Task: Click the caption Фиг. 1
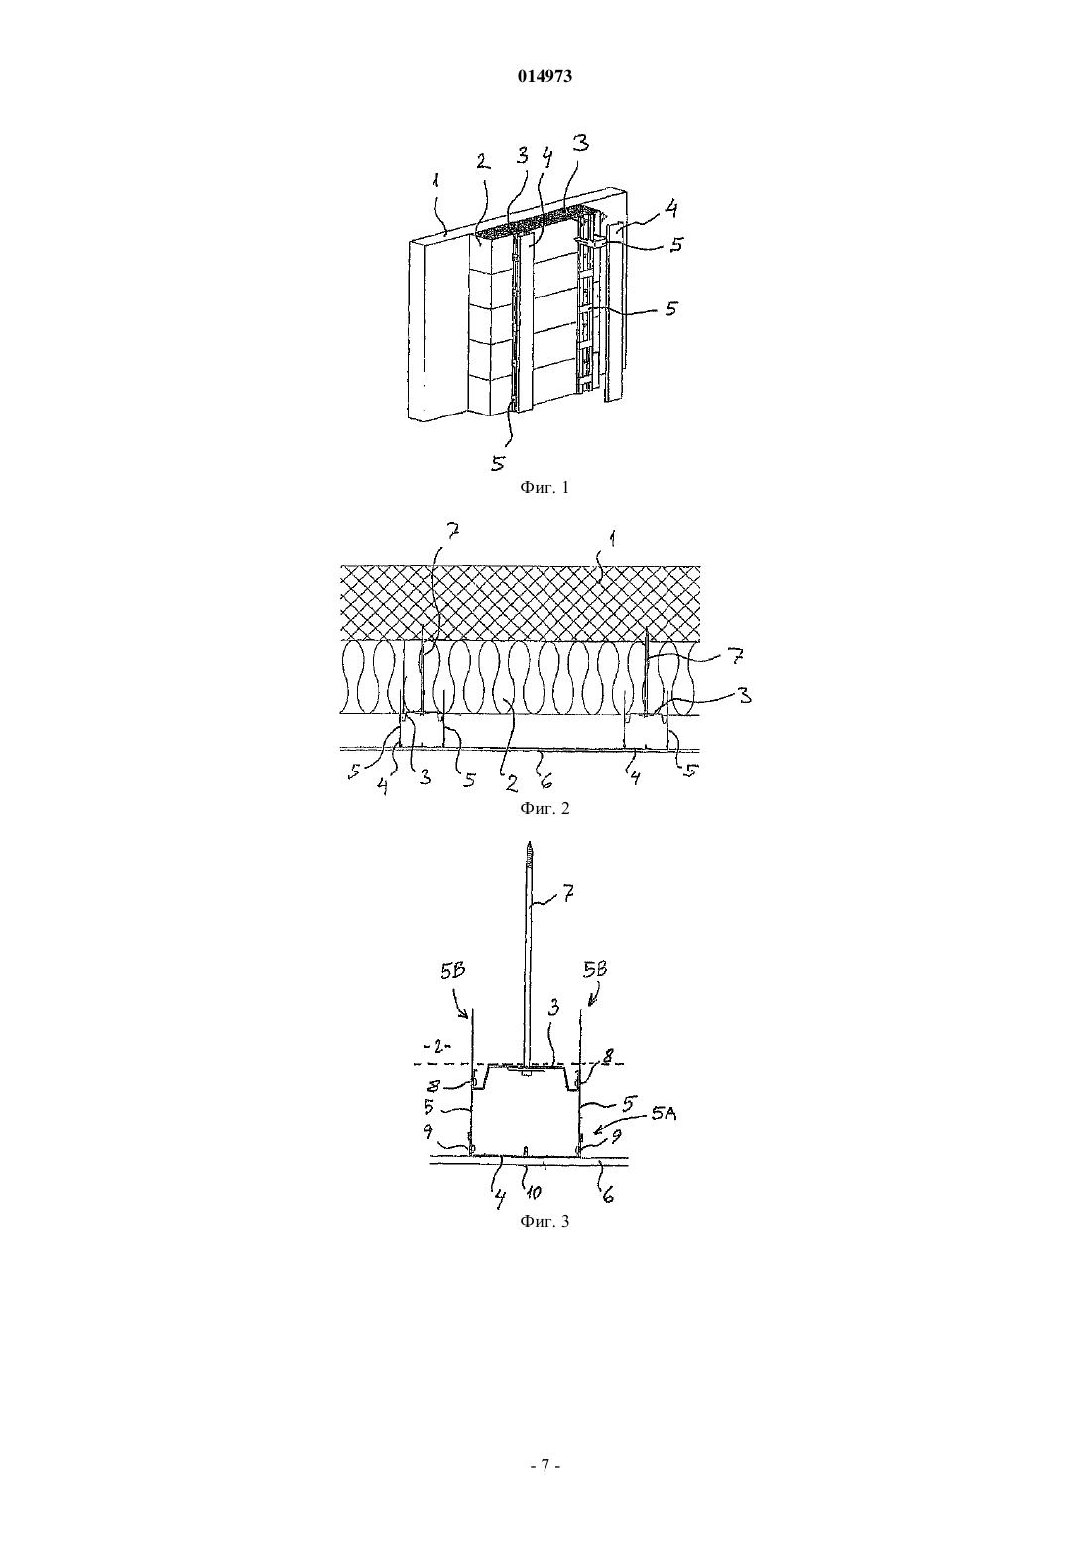[545, 488]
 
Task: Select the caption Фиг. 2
[545, 808]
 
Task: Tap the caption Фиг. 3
[545, 1222]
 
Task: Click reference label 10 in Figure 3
[533, 1192]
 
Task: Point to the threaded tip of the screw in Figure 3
[528, 846]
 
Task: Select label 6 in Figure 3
[608, 1194]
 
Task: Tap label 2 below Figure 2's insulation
[511, 782]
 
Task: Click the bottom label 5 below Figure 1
[498, 463]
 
